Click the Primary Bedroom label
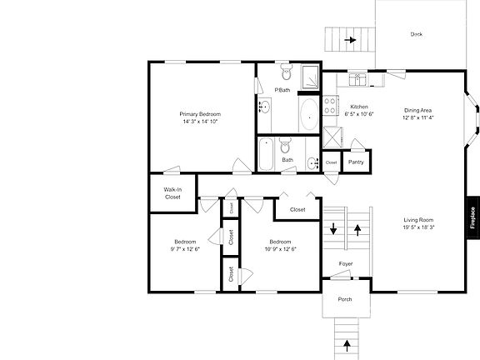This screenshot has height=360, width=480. click(199, 114)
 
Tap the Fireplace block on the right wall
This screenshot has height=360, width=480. click(472, 217)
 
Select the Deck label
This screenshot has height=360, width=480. click(416, 34)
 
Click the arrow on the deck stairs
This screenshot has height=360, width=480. click(352, 39)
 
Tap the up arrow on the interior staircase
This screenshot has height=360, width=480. click(358, 227)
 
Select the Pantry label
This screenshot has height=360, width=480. click(356, 162)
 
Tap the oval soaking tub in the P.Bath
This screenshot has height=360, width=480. click(307, 114)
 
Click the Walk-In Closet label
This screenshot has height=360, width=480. click(172, 193)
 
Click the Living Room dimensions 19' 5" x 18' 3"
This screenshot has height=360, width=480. click(420, 227)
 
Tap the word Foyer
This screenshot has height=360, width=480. click(346, 264)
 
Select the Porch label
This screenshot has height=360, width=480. click(345, 300)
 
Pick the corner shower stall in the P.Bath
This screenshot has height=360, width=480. click(309, 76)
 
